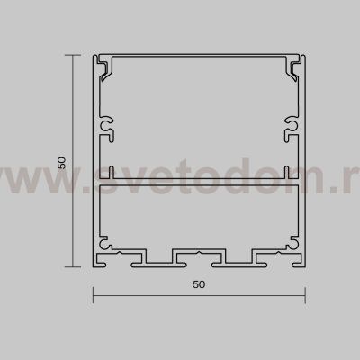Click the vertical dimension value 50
61,163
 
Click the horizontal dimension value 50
199,283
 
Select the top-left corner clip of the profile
104,66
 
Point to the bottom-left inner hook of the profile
104,244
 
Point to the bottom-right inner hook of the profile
292,244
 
